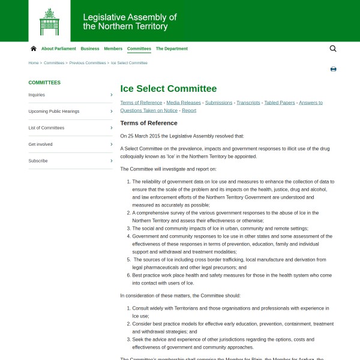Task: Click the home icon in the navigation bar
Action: pos(34,49)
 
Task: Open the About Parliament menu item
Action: pos(59,49)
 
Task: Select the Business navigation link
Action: pos(90,49)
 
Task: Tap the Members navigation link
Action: pos(113,49)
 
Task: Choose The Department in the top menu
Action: pos(172,49)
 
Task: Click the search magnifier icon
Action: pos(333,49)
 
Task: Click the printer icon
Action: pos(333,69)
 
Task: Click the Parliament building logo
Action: pos(49,21)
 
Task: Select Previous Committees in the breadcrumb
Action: pos(88,63)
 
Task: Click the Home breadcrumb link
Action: pos(34,63)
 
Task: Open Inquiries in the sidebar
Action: pos(37,95)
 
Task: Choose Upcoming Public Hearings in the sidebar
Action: pos(54,111)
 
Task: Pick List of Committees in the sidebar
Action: pos(46,128)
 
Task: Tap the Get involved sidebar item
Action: pos(40,144)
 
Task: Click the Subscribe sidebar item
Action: pos(38,161)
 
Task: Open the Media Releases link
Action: pos(184,103)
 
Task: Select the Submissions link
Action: pos(218,103)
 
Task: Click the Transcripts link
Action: pos(248,103)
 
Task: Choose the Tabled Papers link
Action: pos(280,103)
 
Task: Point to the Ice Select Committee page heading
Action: pos(169,89)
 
